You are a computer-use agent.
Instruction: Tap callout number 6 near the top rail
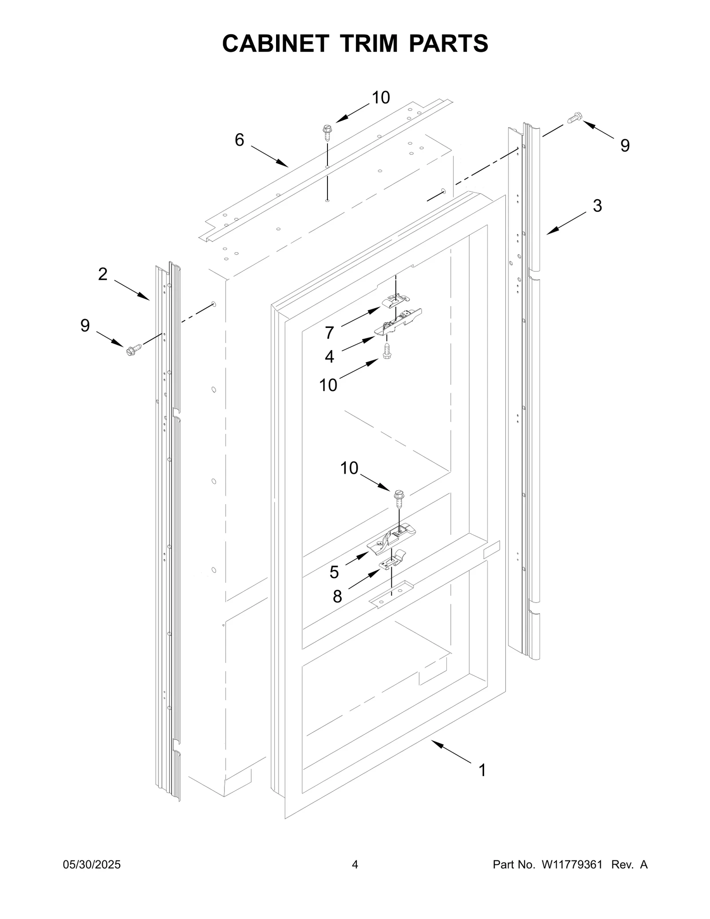pos(239,140)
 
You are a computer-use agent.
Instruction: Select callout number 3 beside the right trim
pos(597,206)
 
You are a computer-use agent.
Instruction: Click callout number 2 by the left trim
pos(103,274)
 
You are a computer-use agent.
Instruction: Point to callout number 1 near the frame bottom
pos(482,770)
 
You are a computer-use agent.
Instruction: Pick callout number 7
pos(329,332)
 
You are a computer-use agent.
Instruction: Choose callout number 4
pos(329,356)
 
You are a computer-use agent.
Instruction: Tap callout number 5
pos(334,572)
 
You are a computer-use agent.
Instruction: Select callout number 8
pos(337,597)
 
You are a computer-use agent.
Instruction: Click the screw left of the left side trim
pos(133,350)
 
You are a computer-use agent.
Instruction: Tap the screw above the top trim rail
pos(327,132)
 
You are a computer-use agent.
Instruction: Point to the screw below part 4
pos(387,352)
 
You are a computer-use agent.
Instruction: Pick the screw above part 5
pos(399,497)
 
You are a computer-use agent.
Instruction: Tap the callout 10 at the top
pos(381,98)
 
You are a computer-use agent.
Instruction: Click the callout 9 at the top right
pos(625,146)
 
